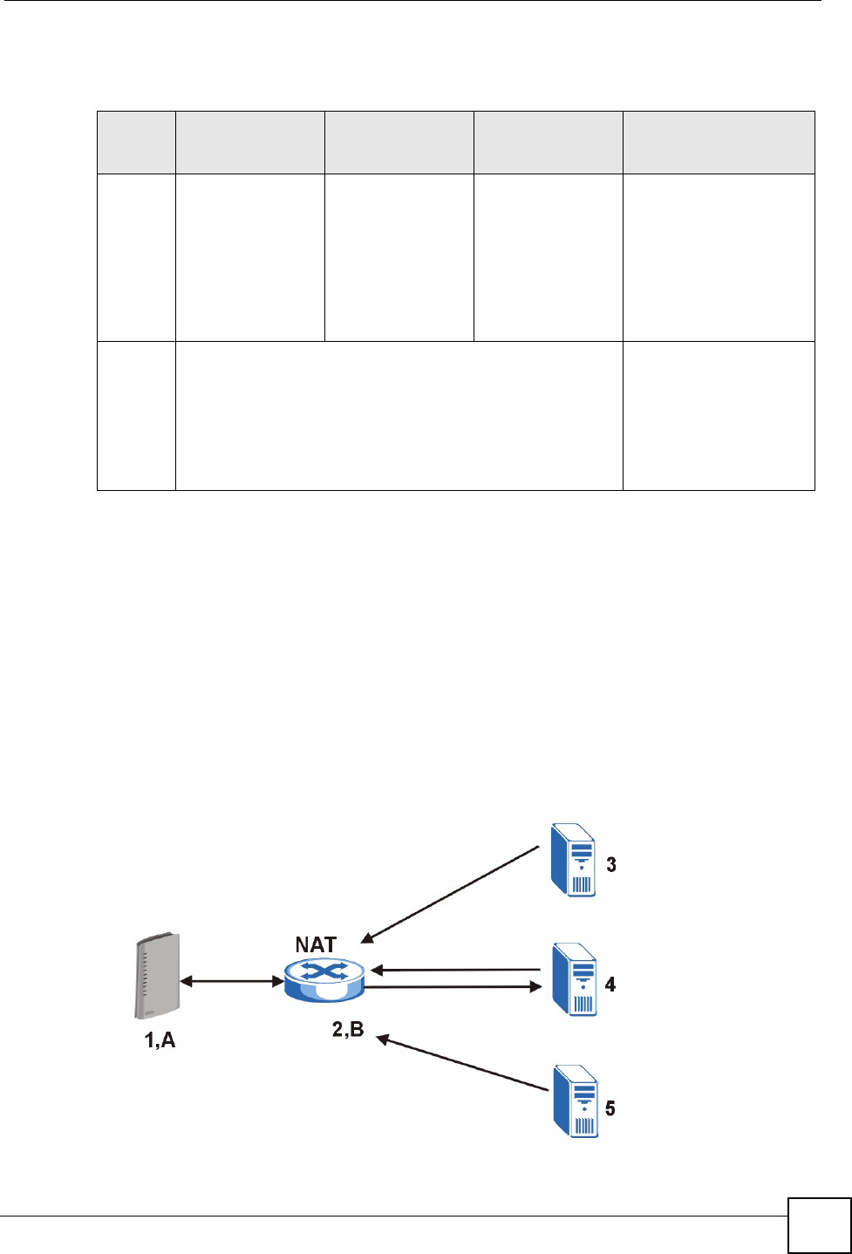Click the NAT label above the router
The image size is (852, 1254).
[x=316, y=944]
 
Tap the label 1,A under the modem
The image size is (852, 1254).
[x=160, y=1039]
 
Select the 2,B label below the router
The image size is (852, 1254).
[x=348, y=1030]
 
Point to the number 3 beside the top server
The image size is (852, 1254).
[x=611, y=865]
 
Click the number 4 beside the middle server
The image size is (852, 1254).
[x=610, y=985]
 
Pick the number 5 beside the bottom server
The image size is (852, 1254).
[x=610, y=1108]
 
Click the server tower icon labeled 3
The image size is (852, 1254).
[x=574, y=860]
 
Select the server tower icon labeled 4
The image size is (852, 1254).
[x=574, y=979]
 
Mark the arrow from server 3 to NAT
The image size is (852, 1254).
[x=452, y=895]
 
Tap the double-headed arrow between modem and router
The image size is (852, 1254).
[x=232, y=981]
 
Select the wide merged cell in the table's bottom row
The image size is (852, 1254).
[x=399, y=416]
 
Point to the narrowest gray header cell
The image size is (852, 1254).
[x=136, y=142]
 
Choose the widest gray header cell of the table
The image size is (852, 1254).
[x=719, y=142]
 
